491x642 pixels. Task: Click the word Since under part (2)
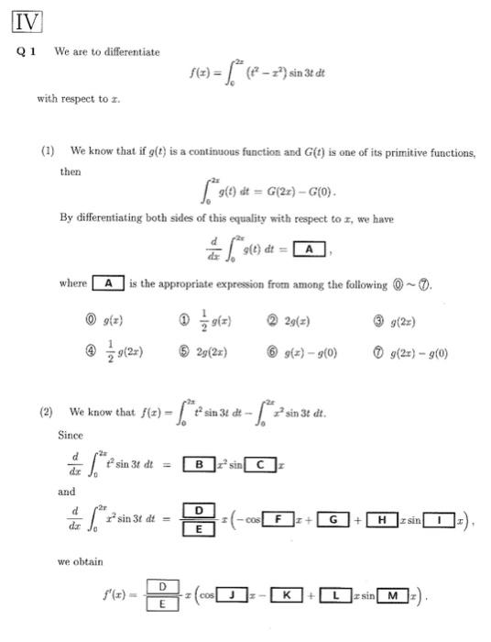(x=70, y=436)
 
